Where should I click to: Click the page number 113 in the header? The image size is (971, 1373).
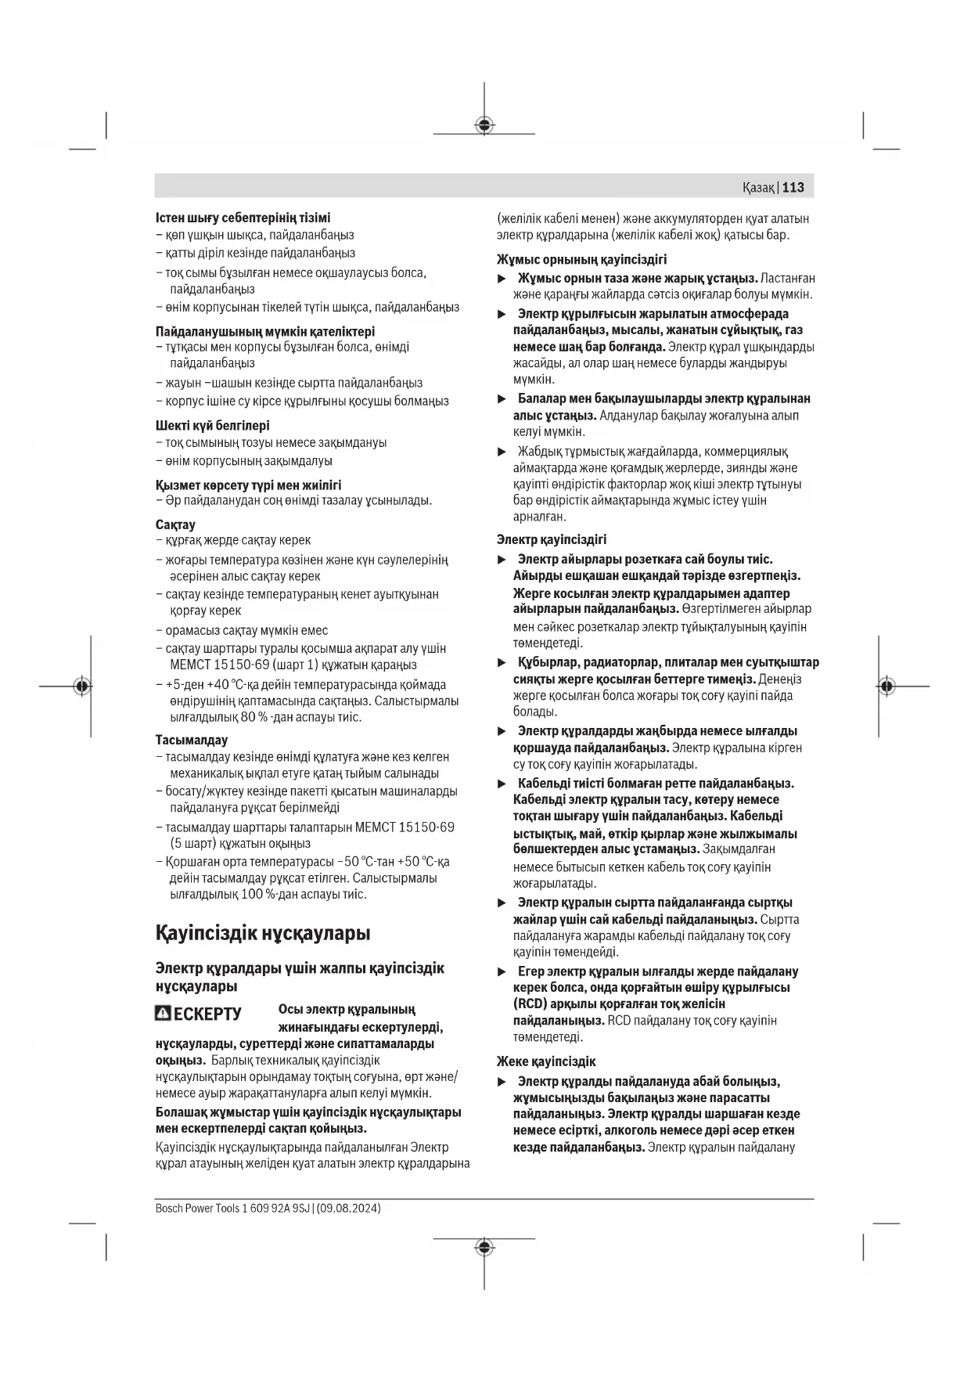793,187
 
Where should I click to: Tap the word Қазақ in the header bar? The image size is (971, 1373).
758,188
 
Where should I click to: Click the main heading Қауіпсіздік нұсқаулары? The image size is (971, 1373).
263,933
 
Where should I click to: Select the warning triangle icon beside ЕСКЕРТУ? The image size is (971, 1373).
163,1013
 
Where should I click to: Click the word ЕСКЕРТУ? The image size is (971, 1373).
207,1014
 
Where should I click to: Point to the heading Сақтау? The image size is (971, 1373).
175,524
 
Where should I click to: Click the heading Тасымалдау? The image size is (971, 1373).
192,740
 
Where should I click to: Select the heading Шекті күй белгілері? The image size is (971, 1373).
213,426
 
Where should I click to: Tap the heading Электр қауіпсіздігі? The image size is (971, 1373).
552,539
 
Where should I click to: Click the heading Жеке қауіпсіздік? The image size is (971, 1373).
546,1061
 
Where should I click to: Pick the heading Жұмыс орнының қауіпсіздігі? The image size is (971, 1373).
581,259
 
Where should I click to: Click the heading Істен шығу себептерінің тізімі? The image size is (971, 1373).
243,218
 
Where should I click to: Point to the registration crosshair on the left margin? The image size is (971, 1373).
82,686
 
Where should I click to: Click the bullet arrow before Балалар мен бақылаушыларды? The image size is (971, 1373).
502,399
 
